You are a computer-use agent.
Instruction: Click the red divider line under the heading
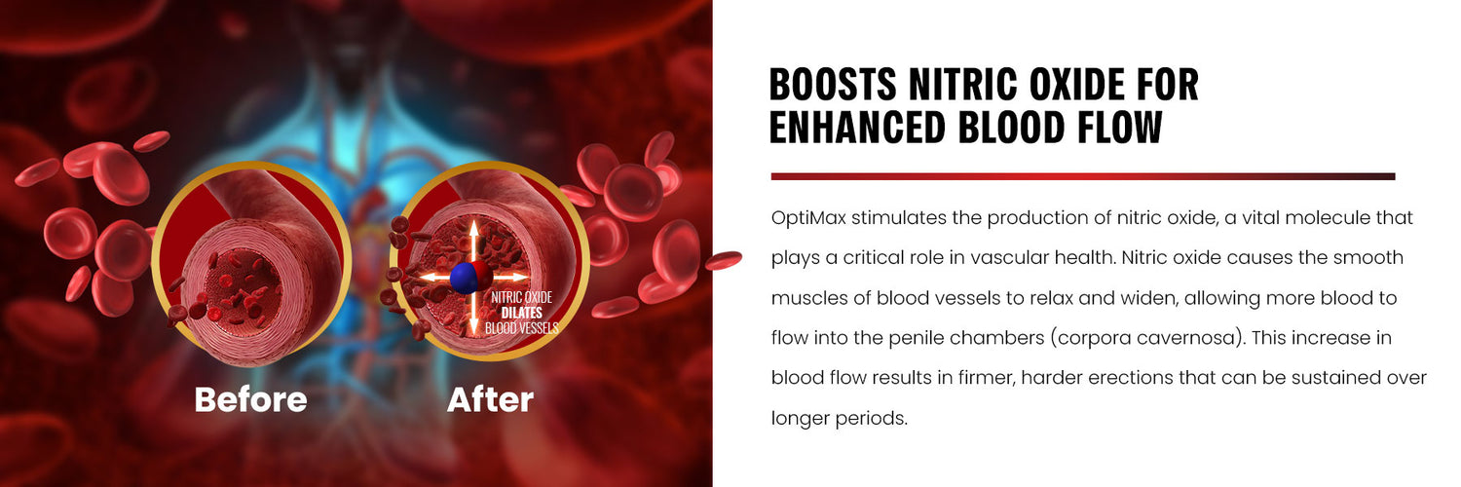tap(1083, 176)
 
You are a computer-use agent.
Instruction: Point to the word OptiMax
tap(807, 218)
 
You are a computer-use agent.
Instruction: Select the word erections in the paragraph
tap(1134, 378)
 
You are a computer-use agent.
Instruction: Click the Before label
tap(251, 399)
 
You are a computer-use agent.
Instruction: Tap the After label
tap(491, 399)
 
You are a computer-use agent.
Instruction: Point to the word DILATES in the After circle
tap(522, 313)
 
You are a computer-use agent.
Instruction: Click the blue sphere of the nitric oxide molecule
tap(464, 278)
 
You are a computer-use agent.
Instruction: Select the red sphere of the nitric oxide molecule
tap(481, 273)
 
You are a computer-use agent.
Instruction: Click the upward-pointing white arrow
tap(474, 242)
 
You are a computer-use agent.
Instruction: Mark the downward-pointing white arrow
tap(474, 313)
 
